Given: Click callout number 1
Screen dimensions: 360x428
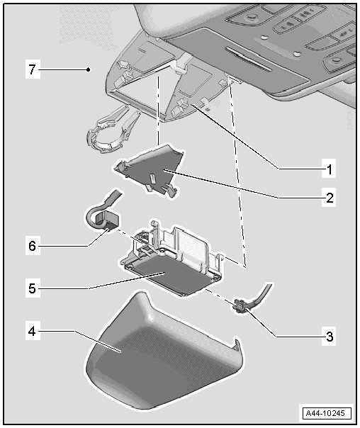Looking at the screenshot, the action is point(330,169).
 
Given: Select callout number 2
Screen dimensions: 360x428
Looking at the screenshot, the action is point(330,197).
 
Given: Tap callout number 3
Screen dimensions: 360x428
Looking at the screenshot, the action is point(330,337).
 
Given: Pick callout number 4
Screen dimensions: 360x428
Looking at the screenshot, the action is point(32,332).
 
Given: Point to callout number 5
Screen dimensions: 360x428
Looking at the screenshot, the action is point(32,288).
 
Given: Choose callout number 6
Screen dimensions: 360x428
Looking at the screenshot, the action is point(32,246).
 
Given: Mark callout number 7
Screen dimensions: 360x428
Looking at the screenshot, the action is point(32,69).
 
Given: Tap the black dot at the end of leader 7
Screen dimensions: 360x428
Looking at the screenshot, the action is point(88,69).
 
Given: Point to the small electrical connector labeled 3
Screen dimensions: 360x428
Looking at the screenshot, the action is point(240,305).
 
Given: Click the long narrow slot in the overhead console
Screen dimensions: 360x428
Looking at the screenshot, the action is point(248,59).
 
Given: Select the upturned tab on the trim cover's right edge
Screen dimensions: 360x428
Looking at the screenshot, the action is point(237,345).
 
